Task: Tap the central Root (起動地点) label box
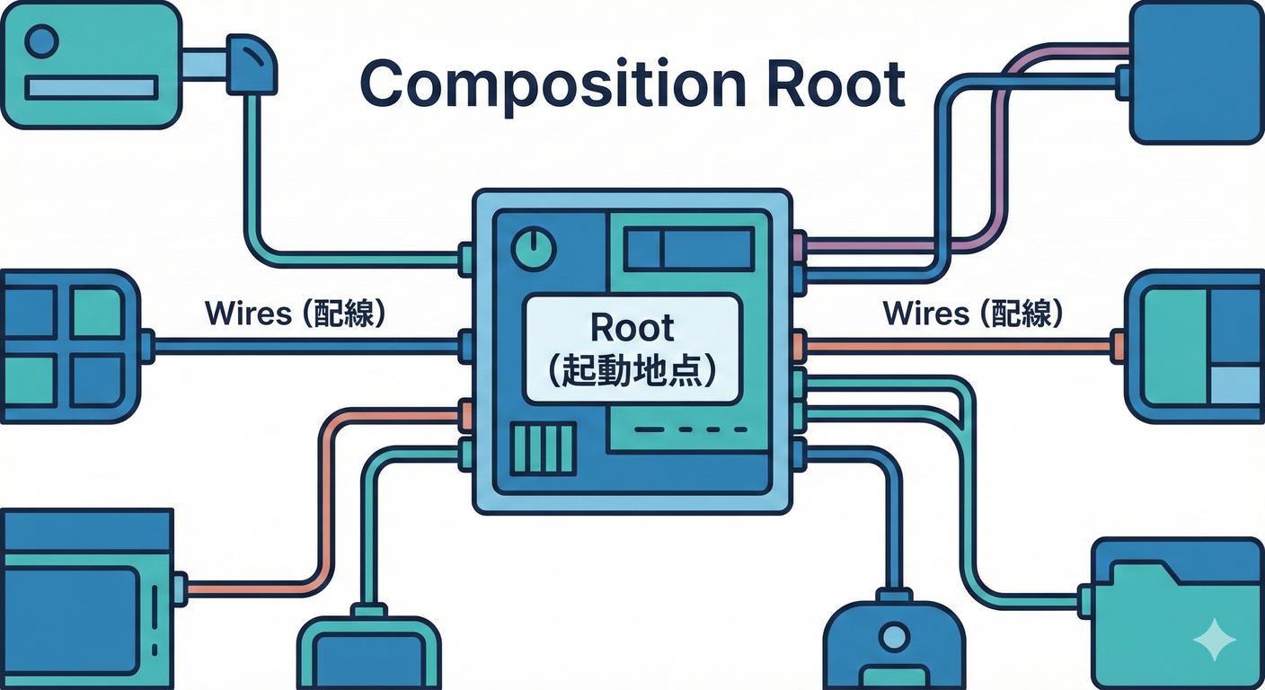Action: tap(632, 349)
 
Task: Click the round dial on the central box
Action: tap(533, 247)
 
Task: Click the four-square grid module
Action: tap(68, 346)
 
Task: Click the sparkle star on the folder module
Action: tap(1214, 640)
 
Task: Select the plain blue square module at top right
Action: tap(1195, 72)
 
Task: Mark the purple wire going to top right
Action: tap(1006, 126)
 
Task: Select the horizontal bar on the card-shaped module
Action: tap(91, 87)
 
